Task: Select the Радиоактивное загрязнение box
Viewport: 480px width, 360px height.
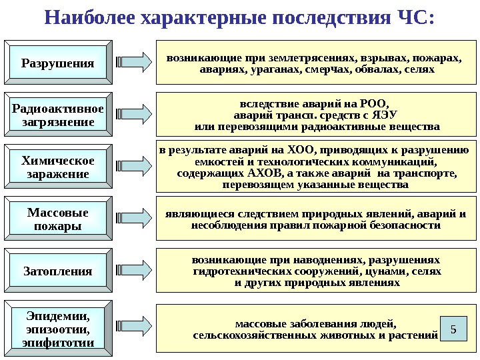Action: click(58, 115)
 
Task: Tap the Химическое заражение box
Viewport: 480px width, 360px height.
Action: click(58, 167)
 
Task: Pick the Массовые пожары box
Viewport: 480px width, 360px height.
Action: click(58, 219)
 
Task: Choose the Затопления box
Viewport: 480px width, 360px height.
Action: click(58, 271)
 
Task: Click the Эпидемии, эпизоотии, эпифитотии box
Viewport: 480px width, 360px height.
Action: click(58, 327)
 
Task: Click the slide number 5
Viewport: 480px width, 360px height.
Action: click(453, 329)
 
